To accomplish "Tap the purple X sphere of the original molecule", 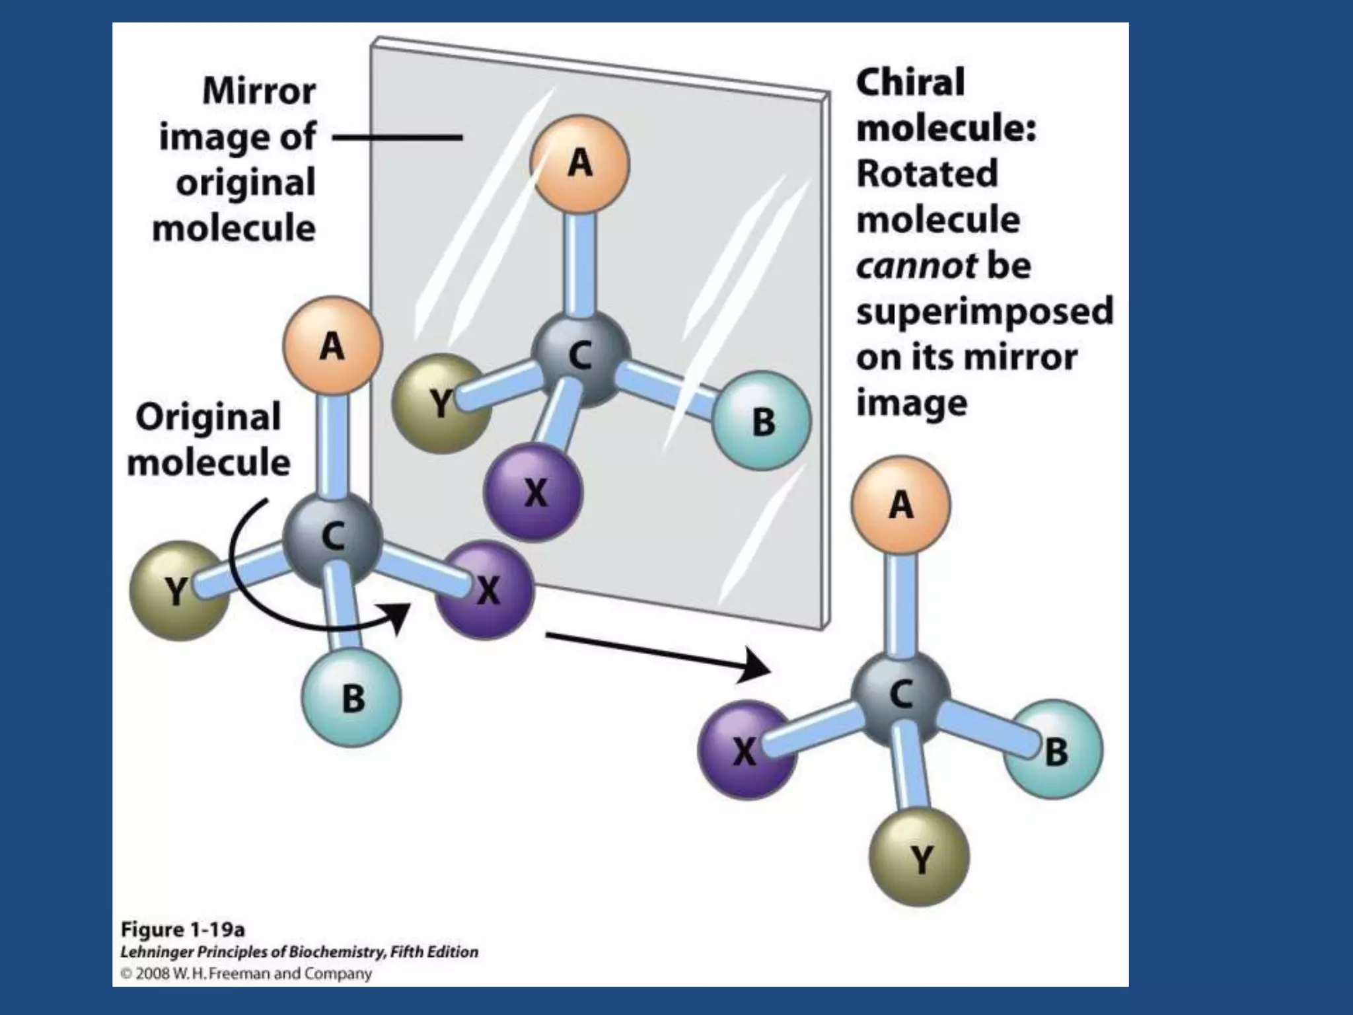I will tap(486, 590).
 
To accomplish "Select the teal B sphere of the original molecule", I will tap(351, 698).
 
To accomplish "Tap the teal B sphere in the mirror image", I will tap(762, 421).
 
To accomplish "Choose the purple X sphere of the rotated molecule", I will tap(747, 751).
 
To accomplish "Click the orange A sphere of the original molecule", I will tap(332, 346).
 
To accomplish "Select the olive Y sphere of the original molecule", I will tap(178, 590).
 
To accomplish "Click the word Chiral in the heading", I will tap(910, 83).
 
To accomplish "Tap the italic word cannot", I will tap(916, 266).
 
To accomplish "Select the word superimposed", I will tap(984, 311).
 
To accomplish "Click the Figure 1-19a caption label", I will tap(183, 930).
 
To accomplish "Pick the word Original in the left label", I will tap(208, 418).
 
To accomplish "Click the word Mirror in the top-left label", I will tap(259, 91).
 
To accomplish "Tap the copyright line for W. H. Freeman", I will tap(246, 973).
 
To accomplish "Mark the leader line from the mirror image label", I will tap(396, 138).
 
